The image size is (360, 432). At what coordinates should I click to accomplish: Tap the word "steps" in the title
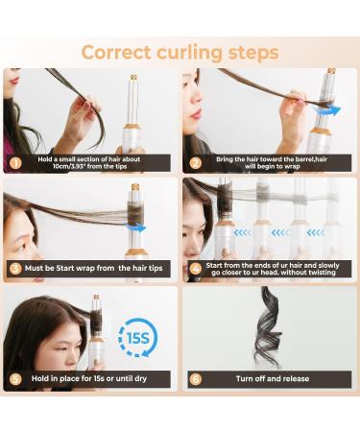[252, 51]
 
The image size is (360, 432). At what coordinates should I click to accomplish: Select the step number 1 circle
[15, 162]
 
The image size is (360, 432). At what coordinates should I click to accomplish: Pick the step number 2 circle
[195, 162]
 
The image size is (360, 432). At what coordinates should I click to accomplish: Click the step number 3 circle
[15, 269]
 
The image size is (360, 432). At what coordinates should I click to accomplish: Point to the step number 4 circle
[195, 269]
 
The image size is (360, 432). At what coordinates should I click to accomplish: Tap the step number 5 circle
[15, 379]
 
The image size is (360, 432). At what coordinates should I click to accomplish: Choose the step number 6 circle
[195, 379]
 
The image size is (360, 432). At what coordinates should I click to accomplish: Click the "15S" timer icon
[134, 337]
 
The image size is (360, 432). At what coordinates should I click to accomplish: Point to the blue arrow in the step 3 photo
[138, 228]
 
